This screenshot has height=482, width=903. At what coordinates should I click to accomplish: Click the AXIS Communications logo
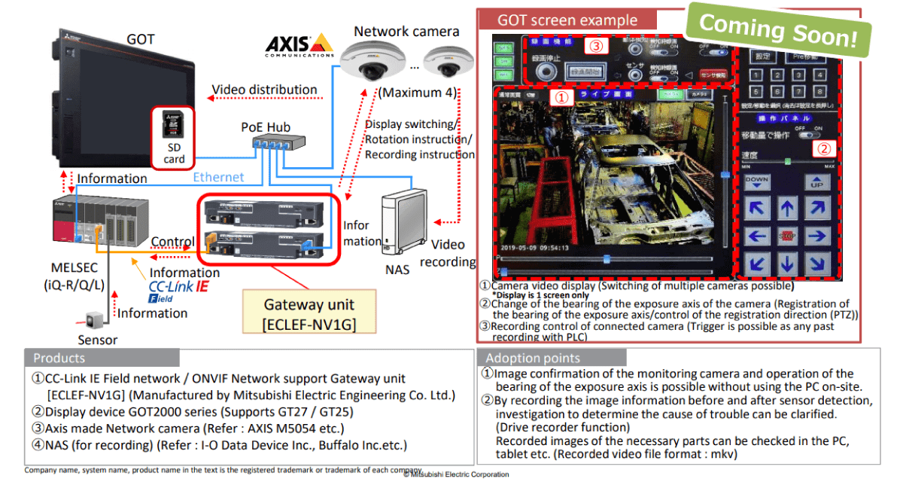coord(299,45)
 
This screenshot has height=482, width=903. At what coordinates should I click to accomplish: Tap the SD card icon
coord(174,127)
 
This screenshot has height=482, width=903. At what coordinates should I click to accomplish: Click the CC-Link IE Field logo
coord(178,290)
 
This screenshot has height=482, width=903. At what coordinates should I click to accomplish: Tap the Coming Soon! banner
coord(778,30)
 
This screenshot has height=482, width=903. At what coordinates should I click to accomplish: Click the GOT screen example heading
coord(567,20)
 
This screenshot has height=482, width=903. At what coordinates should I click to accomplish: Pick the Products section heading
coord(59,358)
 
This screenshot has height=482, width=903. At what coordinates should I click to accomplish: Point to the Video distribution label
coord(264,90)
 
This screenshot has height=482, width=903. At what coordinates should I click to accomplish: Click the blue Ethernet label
coord(218,177)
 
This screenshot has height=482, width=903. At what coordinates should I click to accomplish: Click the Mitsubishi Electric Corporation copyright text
coord(456,474)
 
